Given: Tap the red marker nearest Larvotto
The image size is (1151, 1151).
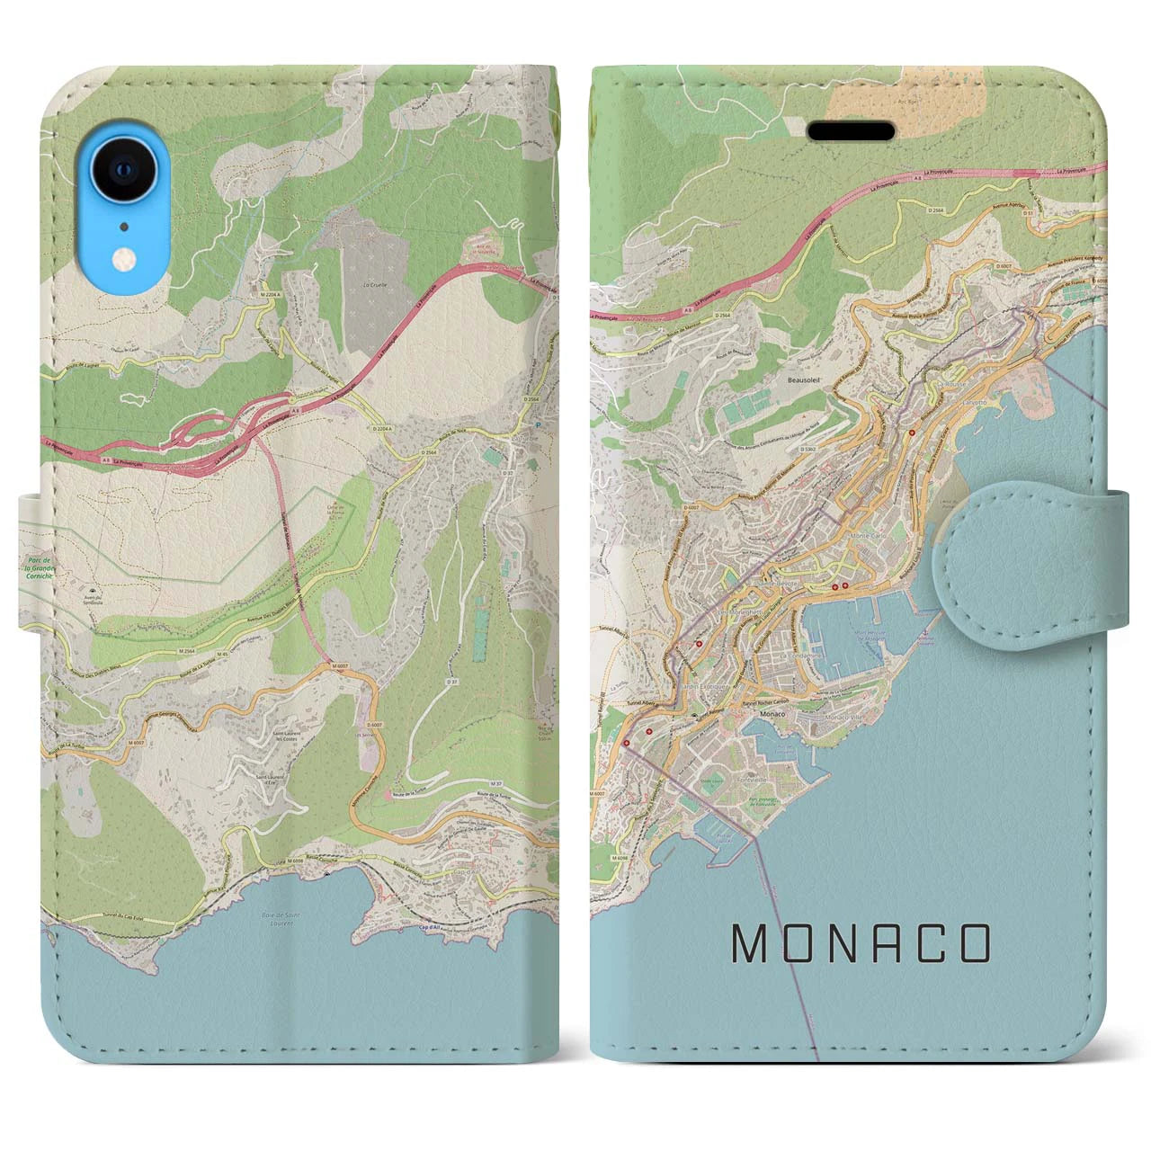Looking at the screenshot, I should coord(912,433).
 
